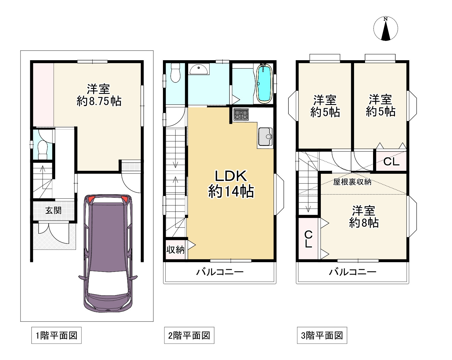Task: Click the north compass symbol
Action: pyautogui.click(x=386, y=28)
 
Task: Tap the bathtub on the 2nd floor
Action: pyautogui.click(x=264, y=84)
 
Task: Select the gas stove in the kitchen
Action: pyautogui.click(x=241, y=114)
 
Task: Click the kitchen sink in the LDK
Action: pyautogui.click(x=265, y=137)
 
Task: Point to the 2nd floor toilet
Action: pyautogui.click(x=175, y=73)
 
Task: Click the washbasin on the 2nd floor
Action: pyautogui.click(x=199, y=69)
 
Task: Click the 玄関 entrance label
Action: pyautogui.click(x=53, y=210)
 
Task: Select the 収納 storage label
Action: pyautogui.click(x=175, y=250)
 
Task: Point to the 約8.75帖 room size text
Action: pyautogui.click(x=99, y=101)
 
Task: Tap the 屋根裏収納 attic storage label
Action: pyautogui.click(x=352, y=182)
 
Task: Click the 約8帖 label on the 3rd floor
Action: pyautogui.click(x=364, y=223)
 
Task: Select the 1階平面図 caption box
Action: pyautogui.click(x=56, y=335)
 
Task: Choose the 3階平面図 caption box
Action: pyautogui.click(x=322, y=335)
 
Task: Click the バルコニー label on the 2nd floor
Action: pyautogui.click(x=220, y=272)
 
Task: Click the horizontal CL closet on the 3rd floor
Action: pyautogui.click(x=391, y=161)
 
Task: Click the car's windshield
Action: pyautogui.click(x=108, y=282)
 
